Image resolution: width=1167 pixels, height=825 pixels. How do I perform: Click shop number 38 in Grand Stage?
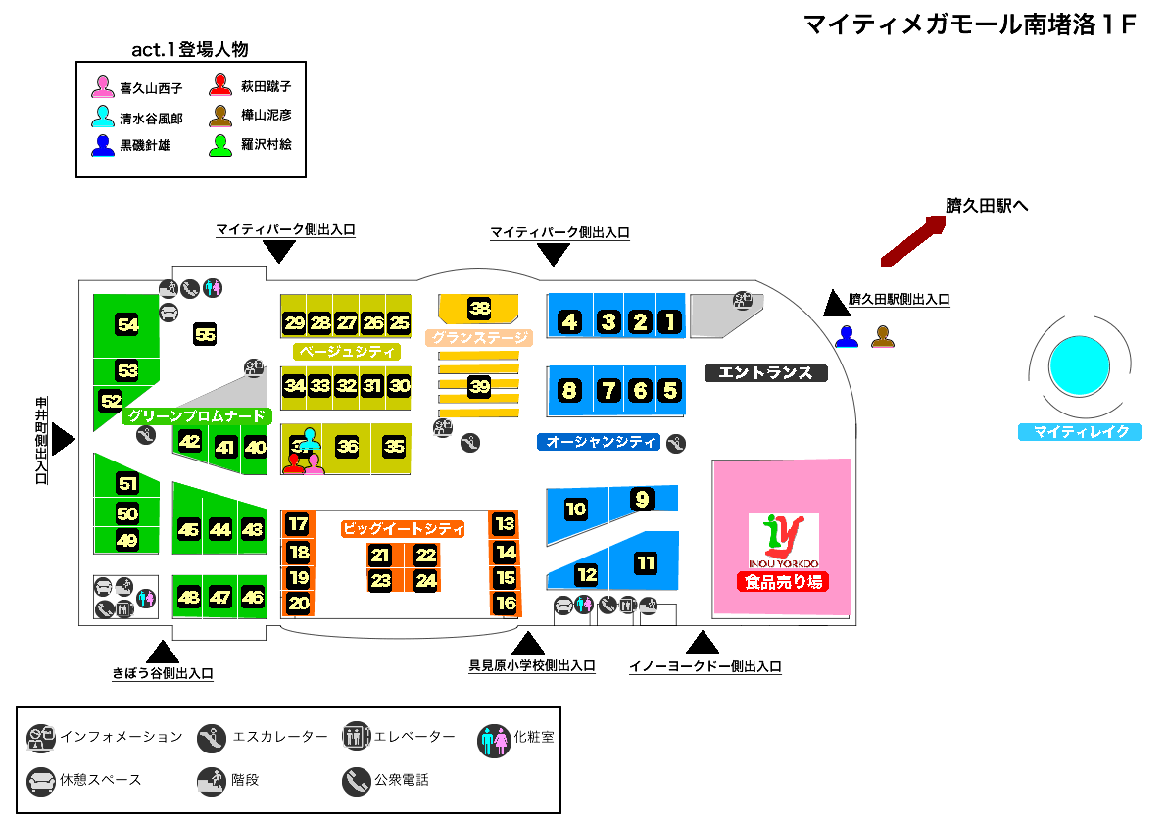click(479, 308)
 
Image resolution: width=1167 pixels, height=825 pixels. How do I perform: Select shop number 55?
click(205, 334)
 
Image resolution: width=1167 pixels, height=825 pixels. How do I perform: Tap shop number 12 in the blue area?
click(586, 574)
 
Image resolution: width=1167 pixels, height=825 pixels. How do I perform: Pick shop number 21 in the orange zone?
click(380, 556)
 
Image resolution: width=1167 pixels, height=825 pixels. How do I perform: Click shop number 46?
click(253, 597)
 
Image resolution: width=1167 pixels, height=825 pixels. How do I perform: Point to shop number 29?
click(294, 322)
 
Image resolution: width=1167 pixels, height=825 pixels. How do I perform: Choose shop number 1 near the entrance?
click(669, 321)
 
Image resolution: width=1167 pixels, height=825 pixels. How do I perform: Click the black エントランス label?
click(766, 372)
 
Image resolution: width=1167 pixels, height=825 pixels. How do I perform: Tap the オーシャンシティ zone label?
click(600, 442)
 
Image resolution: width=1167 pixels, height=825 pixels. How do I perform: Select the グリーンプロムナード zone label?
click(196, 415)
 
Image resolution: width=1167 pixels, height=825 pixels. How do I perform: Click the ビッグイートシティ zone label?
click(402, 528)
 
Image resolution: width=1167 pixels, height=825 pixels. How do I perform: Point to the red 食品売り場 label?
click(784, 582)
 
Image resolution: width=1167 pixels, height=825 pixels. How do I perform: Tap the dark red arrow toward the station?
click(912, 241)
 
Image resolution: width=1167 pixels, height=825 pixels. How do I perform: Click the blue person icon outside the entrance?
click(847, 337)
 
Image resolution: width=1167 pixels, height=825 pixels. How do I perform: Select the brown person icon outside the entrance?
click(883, 337)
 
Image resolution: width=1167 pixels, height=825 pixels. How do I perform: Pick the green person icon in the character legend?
click(220, 145)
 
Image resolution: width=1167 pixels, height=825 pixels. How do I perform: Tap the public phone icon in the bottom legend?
click(355, 781)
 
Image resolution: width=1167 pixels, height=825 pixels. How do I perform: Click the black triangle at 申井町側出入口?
click(64, 439)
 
